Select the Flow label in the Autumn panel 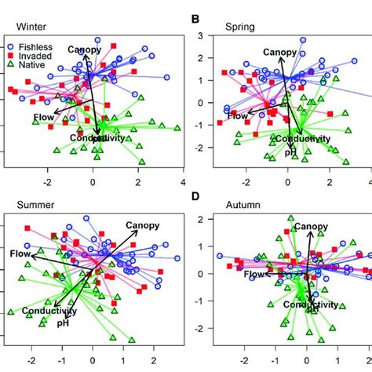point(255,275)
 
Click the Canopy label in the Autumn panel point(311,227)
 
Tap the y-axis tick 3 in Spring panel point(201,35)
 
